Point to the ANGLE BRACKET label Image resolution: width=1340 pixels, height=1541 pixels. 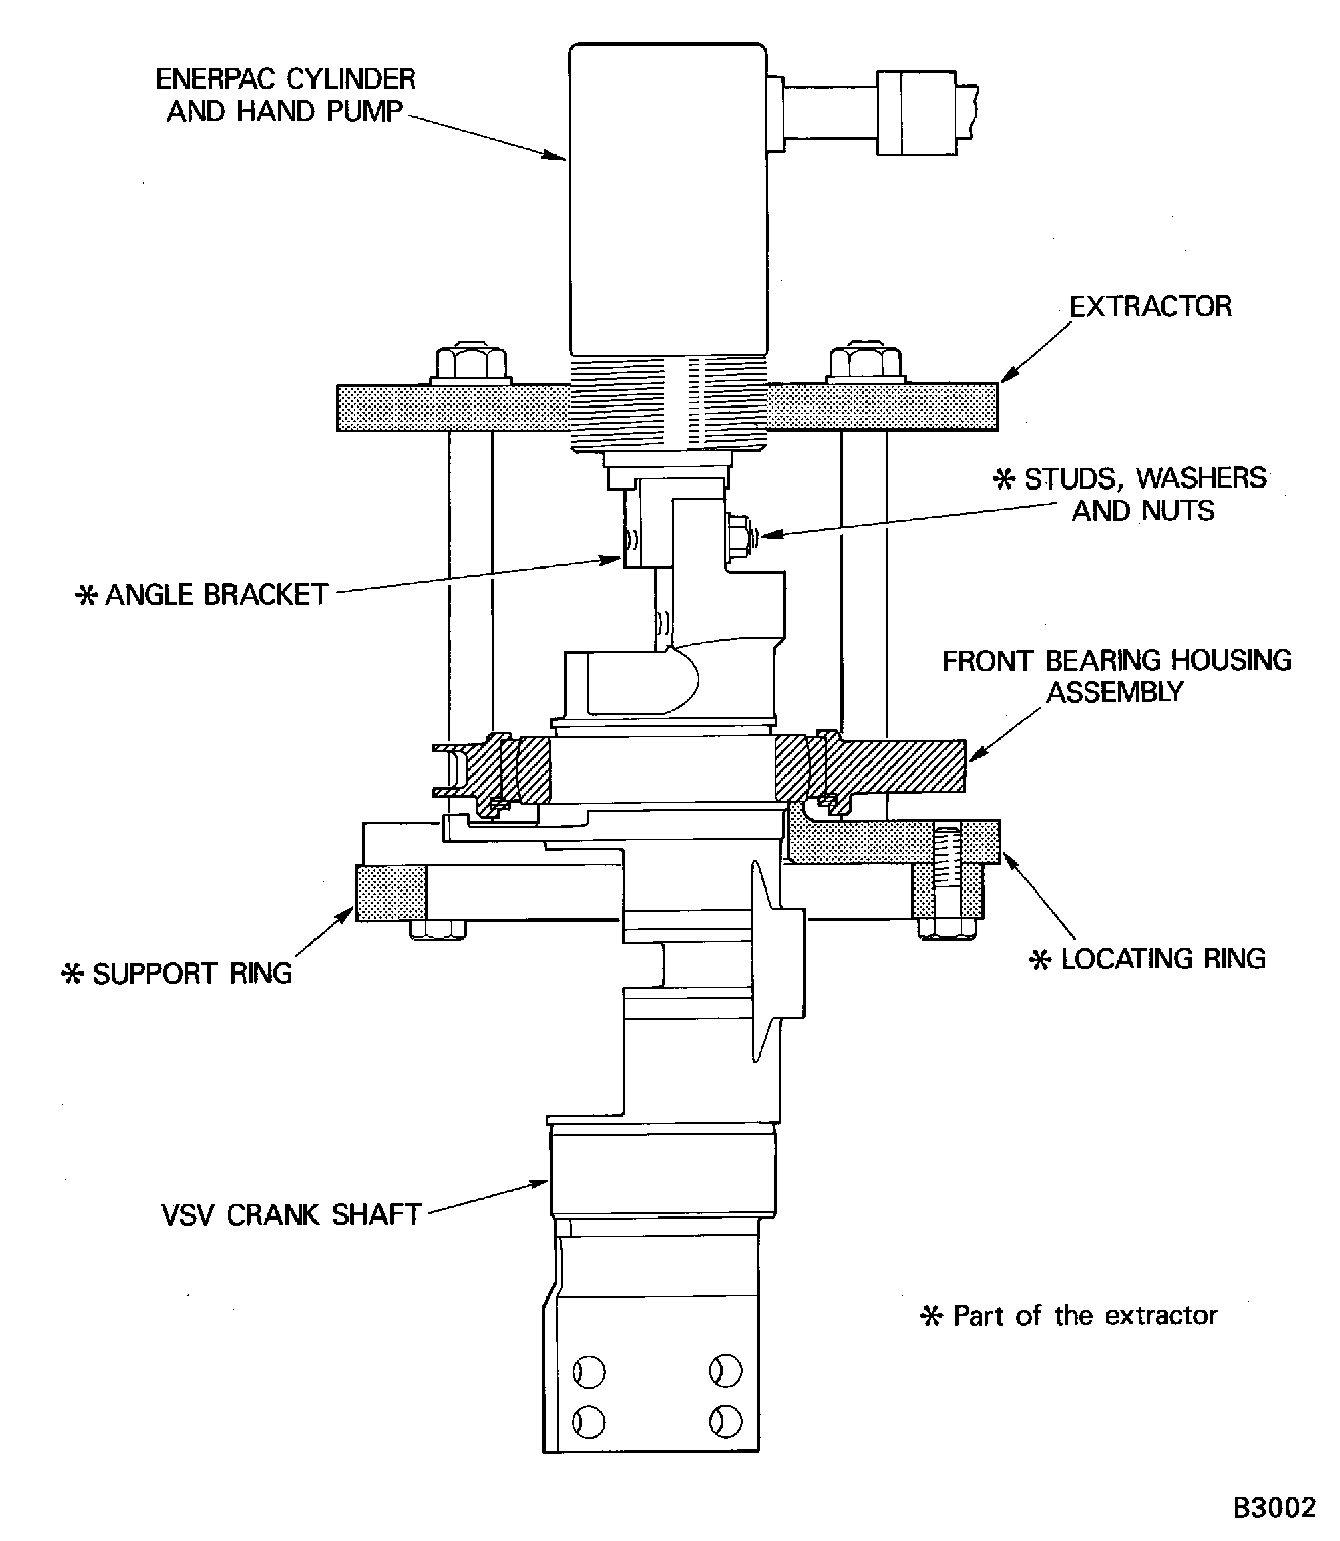coord(215,595)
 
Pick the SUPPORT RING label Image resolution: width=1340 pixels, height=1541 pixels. coord(191,974)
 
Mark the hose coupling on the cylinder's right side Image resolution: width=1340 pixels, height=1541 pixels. coord(915,113)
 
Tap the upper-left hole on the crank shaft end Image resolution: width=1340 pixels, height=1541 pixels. coord(589,1372)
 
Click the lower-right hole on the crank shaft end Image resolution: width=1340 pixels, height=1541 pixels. coord(725,1421)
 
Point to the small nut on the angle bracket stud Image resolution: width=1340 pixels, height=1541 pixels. coord(739,535)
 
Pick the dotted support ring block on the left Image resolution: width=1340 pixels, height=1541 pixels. coord(391,892)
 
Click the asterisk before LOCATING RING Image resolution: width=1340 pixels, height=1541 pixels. coord(1040,960)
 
